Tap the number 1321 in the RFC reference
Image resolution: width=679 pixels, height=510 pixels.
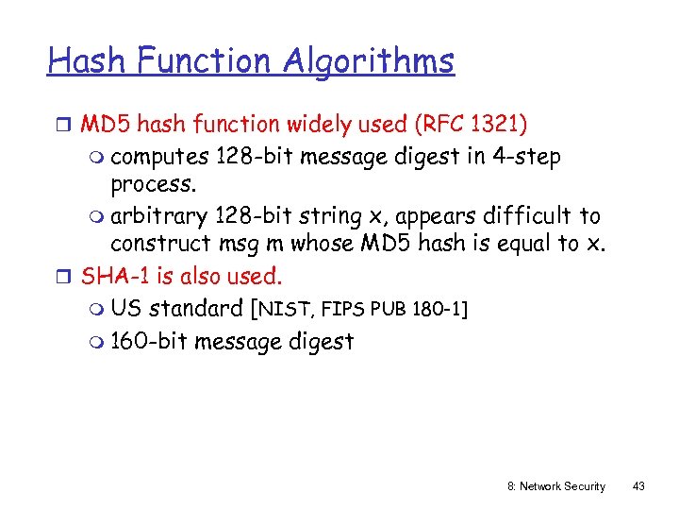tap(496, 125)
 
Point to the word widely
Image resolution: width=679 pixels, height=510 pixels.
tap(318, 125)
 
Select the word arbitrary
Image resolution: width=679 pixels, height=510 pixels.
tap(158, 216)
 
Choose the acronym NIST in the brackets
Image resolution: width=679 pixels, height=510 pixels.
tap(287, 309)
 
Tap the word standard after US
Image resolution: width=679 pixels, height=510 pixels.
tap(196, 308)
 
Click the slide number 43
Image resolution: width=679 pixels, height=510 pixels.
tap(638, 486)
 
